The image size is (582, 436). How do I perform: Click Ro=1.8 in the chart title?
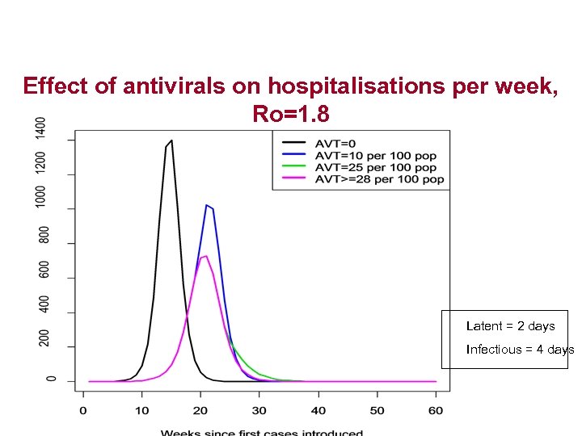coord(290,114)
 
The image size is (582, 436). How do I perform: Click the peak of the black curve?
coord(171,140)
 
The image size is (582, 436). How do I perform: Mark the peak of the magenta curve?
coord(206,256)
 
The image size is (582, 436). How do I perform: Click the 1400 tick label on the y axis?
coord(41,128)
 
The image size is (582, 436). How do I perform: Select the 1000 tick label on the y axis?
coord(41,196)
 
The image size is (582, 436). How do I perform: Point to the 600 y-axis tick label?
coord(41,270)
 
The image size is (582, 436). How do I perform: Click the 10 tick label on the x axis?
coord(141,411)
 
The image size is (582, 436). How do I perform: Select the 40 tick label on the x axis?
coord(318,411)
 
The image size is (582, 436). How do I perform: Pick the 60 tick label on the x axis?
coord(436,411)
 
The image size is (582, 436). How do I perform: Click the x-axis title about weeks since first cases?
coord(262,432)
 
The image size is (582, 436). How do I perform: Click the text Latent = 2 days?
coord(510,326)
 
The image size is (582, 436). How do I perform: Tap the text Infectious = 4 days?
coord(520,350)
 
